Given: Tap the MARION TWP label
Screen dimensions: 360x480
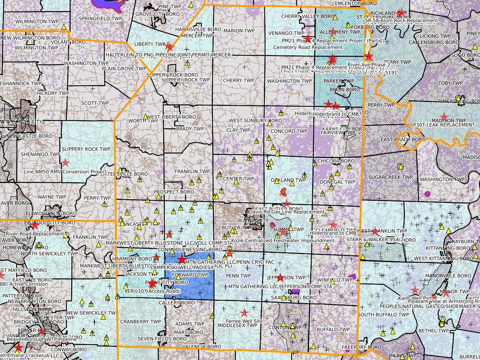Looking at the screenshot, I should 239,30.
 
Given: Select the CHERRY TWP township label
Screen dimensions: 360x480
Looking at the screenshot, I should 238,81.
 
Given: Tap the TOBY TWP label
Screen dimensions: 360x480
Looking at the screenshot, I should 450,83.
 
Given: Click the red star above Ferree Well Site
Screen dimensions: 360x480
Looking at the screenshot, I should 245,313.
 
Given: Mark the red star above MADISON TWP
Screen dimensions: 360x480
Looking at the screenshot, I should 444,117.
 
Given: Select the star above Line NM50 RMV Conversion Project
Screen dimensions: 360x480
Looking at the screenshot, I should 65,162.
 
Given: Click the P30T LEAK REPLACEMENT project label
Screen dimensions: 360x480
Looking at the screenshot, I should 444,125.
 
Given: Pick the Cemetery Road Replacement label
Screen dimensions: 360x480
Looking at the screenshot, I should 303,47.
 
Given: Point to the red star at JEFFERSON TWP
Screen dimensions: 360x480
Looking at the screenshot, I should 280,277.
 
